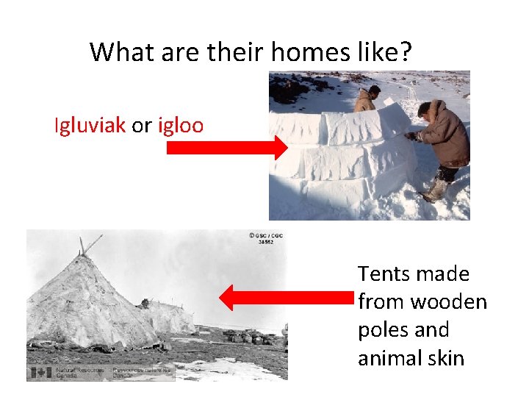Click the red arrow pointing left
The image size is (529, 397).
coord(287,298)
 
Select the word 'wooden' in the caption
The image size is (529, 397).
coord(448,302)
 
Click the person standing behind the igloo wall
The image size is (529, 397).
coord(366,99)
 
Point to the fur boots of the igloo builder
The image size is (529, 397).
coord(435,190)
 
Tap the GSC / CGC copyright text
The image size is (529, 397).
coord(266,238)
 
